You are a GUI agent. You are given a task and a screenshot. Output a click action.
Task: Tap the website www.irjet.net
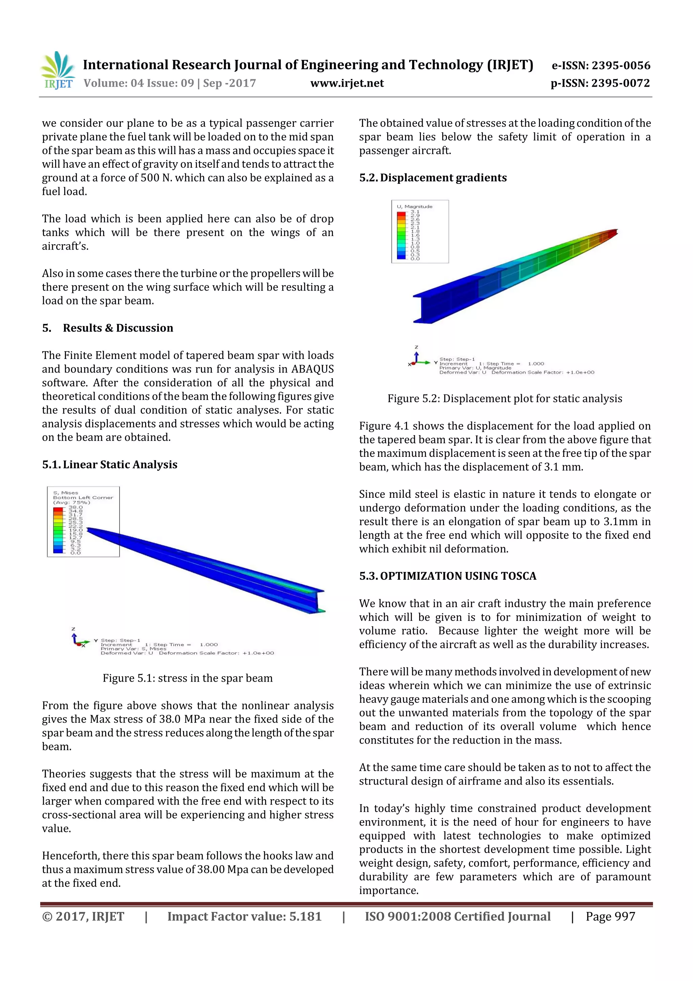(347, 83)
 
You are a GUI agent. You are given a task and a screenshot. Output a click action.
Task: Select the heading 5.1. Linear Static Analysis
(110, 465)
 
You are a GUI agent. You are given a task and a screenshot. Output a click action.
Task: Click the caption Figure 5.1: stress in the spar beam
(187, 678)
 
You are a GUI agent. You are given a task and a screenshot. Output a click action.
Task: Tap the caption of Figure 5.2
(505, 399)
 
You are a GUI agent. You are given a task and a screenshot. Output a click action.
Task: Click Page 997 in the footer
(610, 916)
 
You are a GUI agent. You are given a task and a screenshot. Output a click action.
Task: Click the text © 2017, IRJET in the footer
(83, 916)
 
